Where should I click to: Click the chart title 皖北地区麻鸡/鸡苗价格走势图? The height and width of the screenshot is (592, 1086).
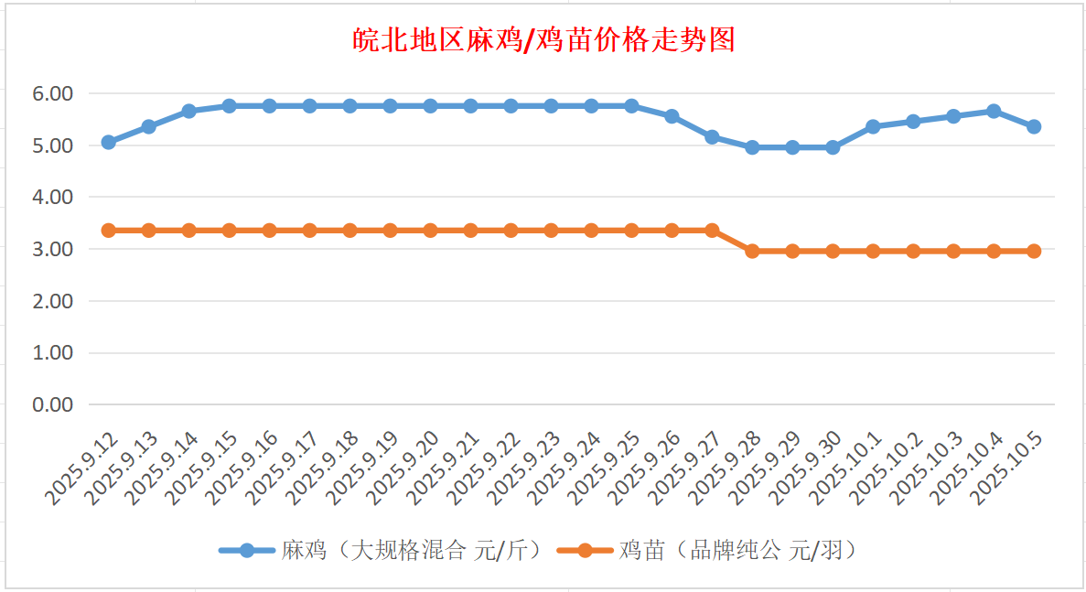[x=543, y=40]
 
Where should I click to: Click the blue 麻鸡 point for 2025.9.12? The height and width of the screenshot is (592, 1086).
[x=108, y=142]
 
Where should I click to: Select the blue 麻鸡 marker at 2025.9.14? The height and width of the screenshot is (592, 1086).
[x=188, y=111]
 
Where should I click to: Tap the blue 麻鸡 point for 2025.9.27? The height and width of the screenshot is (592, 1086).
[x=712, y=137]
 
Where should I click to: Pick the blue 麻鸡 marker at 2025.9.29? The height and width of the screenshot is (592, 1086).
[x=792, y=147]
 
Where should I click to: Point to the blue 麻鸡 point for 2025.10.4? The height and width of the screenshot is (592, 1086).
[x=994, y=111]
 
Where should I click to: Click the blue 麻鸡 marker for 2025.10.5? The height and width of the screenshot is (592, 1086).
[x=1034, y=126]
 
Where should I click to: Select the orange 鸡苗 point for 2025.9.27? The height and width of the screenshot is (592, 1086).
[x=712, y=231]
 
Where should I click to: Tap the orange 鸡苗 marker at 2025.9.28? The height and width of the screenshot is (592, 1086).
[x=752, y=251]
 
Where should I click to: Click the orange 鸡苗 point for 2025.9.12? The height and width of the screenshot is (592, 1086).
[x=108, y=231]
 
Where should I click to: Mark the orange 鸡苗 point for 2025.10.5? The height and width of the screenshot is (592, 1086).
[x=1034, y=251]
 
